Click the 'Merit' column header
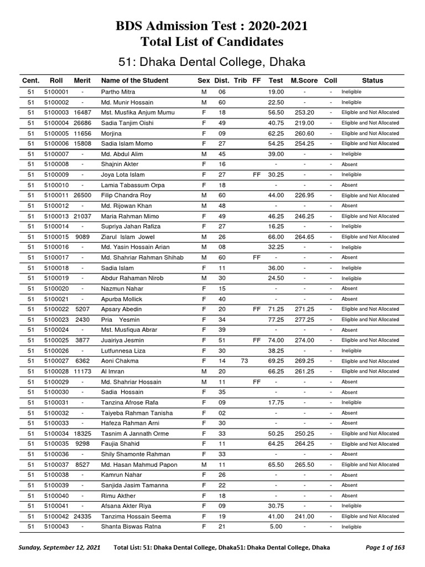(82, 80)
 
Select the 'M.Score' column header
(304, 80)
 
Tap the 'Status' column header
(372, 80)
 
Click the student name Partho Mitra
(118, 92)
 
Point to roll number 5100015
(56, 237)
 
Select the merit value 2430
(82, 319)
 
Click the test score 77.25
(276, 319)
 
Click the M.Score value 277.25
(304, 319)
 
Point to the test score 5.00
(276, 527)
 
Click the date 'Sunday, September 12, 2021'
(60, 548)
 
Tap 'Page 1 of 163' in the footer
(385, 548)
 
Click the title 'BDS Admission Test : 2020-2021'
(212, 26)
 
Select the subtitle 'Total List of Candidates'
(212, 42)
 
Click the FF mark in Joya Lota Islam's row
(256, 174)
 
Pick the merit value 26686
(82, 123)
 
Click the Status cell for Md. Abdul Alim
(352, 154)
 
